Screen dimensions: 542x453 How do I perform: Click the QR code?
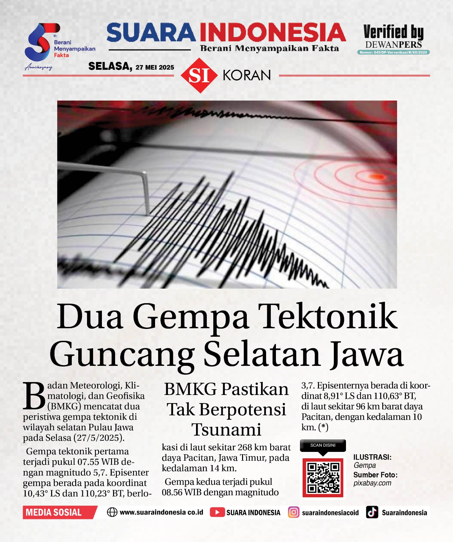[323, 478]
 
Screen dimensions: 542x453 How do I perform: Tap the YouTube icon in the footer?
[217, 512]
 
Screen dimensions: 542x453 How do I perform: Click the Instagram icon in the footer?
[294, 512]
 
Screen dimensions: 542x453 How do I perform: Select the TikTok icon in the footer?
[372, 512]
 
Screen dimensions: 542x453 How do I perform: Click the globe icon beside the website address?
[112, 512]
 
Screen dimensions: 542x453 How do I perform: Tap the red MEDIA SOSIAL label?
[54, 512]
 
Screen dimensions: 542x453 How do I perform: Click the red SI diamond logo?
[199, 76]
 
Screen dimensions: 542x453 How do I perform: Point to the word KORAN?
[247, 76]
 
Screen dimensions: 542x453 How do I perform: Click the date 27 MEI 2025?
[155, 67]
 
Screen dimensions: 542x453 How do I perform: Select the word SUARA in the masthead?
[151, 33]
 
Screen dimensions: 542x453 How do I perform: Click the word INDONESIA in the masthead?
[273, 33]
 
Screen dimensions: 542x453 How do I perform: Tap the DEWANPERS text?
[393, 45]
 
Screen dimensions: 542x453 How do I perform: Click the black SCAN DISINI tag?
[323, 445]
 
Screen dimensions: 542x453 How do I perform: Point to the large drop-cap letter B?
[34, 396]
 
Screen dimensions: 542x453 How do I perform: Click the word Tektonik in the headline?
[329, 317]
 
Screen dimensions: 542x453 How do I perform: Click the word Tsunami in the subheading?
[226, 430]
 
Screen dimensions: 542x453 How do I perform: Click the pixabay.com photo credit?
[372, 483]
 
